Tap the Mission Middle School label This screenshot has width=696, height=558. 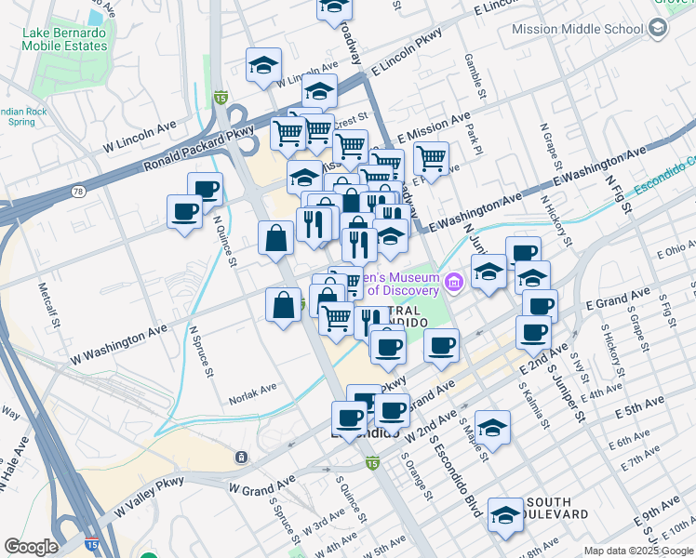578,29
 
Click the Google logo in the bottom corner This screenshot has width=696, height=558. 31,547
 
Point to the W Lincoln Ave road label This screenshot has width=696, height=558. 140,137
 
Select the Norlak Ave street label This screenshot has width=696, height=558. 254,387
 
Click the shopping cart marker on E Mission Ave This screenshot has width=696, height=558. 432,158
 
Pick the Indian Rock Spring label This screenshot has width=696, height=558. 22,116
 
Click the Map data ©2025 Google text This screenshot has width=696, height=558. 638,551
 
